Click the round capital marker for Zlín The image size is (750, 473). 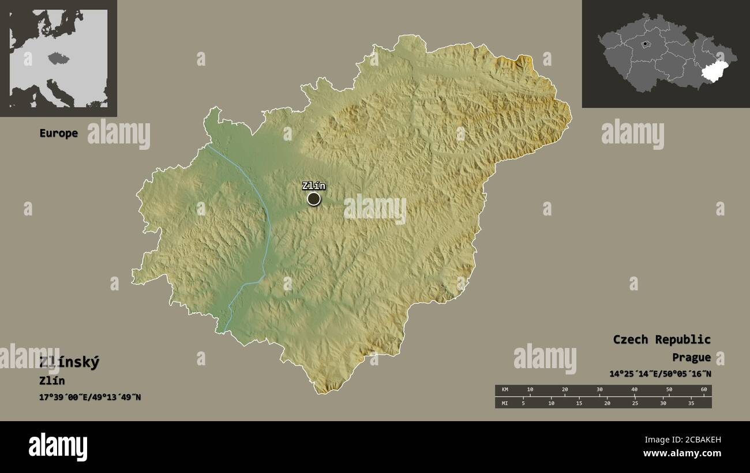tap(313, 199)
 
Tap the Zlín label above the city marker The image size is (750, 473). tap(313, 186)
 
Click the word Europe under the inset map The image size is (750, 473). tap(58, 133)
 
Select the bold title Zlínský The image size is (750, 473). tap(69, 362)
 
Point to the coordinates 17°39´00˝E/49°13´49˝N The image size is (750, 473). tap(90, 397)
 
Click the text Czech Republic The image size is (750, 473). tap(662, 339)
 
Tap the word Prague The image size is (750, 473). tap(691, 357)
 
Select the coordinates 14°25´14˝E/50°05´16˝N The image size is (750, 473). tap(660, 373)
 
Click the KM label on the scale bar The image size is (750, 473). tap(505, 390)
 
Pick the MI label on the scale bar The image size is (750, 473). tap(505, 403)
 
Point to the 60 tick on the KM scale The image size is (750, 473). tap(703, 390)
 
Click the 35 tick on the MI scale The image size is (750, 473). tap(691, 403)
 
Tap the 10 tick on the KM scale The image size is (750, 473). tap(530, 390)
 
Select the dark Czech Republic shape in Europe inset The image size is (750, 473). tap(55, 58)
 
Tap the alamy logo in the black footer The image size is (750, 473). tap(58, 447)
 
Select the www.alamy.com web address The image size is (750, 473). tap(682, 453)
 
